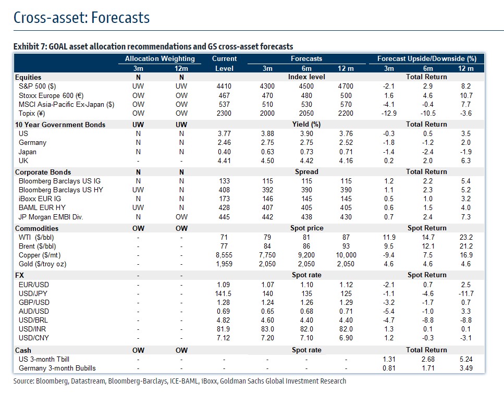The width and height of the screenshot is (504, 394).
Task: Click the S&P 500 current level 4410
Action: point(224,86)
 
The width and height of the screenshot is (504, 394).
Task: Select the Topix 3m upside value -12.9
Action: point(389,114)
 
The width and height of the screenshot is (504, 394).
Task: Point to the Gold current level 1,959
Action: point(224,264)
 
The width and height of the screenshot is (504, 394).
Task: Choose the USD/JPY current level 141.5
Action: point(224,293)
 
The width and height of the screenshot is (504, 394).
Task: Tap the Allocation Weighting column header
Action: point(159,59)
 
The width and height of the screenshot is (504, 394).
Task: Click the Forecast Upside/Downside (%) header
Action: point(427,59)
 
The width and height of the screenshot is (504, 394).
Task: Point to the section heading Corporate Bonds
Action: point(43,171)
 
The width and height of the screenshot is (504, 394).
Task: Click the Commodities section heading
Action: point(37,228)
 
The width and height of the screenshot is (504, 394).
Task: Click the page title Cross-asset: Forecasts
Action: point(81,18)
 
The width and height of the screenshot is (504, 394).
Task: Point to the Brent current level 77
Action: point(224,246)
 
